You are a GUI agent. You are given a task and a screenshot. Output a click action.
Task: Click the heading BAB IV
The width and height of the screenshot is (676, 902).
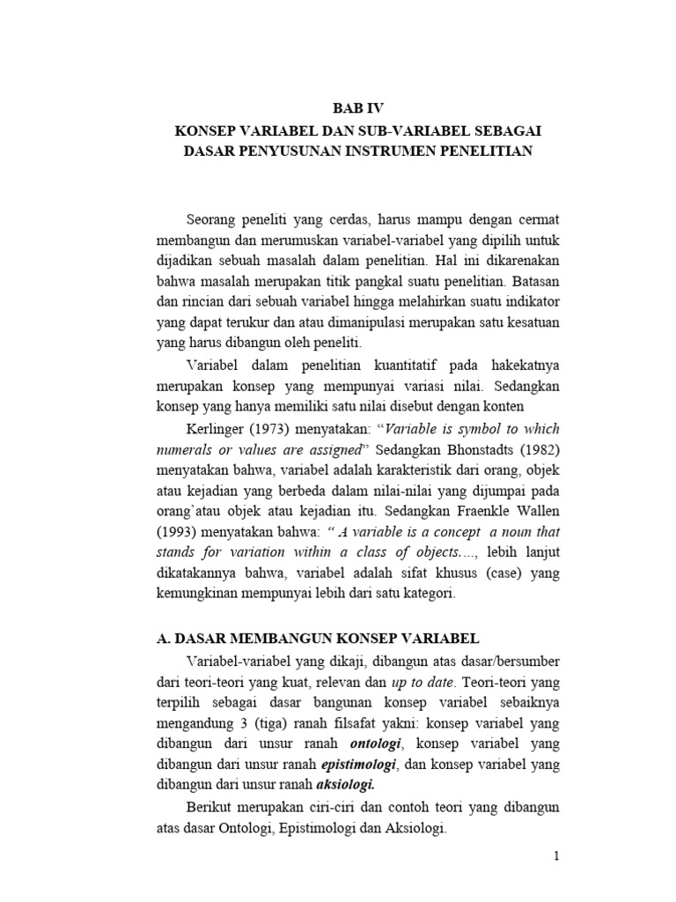click(x=358, y=109)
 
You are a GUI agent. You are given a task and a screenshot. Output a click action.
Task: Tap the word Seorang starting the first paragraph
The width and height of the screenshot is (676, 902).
click(x=214, y=218)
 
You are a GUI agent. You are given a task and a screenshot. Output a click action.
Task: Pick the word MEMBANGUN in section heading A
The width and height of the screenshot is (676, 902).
click(x=269, y=638)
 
